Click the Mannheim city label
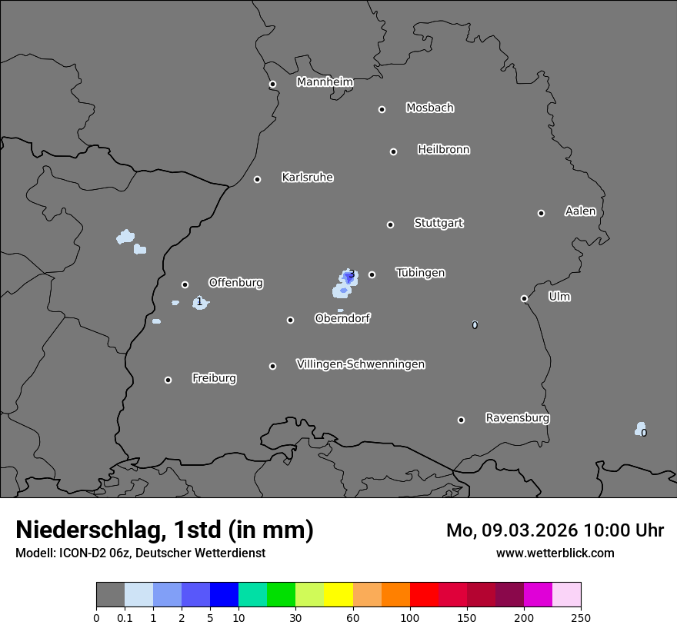click(x=325, y=82)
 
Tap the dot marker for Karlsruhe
click(x=257, y=180)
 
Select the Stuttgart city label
click(x=439, y=224)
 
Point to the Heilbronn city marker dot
click(x=393, y=151)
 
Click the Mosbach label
click(x=429, y=108)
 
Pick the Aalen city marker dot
click(x=541, y=213)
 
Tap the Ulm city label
click(x=559, y=297)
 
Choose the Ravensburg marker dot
click(x=461, y=420)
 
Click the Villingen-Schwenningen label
click(x=360, y=364)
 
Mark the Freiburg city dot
click(x=168, y=380)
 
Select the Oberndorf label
click(x=342, y=318)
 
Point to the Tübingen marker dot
click(x=372, y=274)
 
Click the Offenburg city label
click(x=235, y=283)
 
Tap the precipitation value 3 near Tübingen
click(x=351, y=274)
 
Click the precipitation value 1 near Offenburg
click(x=199, y=301)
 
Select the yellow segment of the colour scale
click(x=338, y=595)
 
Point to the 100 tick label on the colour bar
click(x=410, y=616)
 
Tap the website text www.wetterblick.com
click(x=555, y=553)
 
